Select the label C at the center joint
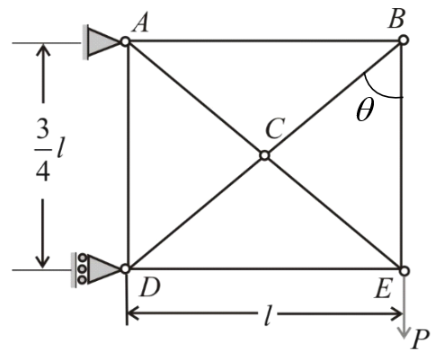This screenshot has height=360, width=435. click(273, 131)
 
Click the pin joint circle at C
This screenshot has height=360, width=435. click(264, 155)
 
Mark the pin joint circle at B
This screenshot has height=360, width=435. click(404, 40)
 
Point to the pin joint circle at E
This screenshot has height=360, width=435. click(404, 268)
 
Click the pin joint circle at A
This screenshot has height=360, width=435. click(127, 41)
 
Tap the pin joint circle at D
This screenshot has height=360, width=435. click(127, 268)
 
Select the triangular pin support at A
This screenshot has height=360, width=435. click(106, 41)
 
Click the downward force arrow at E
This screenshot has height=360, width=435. click(404, 305)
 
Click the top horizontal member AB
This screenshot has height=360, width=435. click(265, 40)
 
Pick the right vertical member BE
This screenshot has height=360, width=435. click(404, 180)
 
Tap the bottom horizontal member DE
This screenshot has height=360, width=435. click(265, 268)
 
